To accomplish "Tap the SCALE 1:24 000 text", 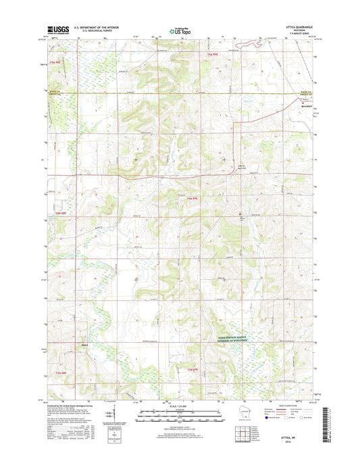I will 180,406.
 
